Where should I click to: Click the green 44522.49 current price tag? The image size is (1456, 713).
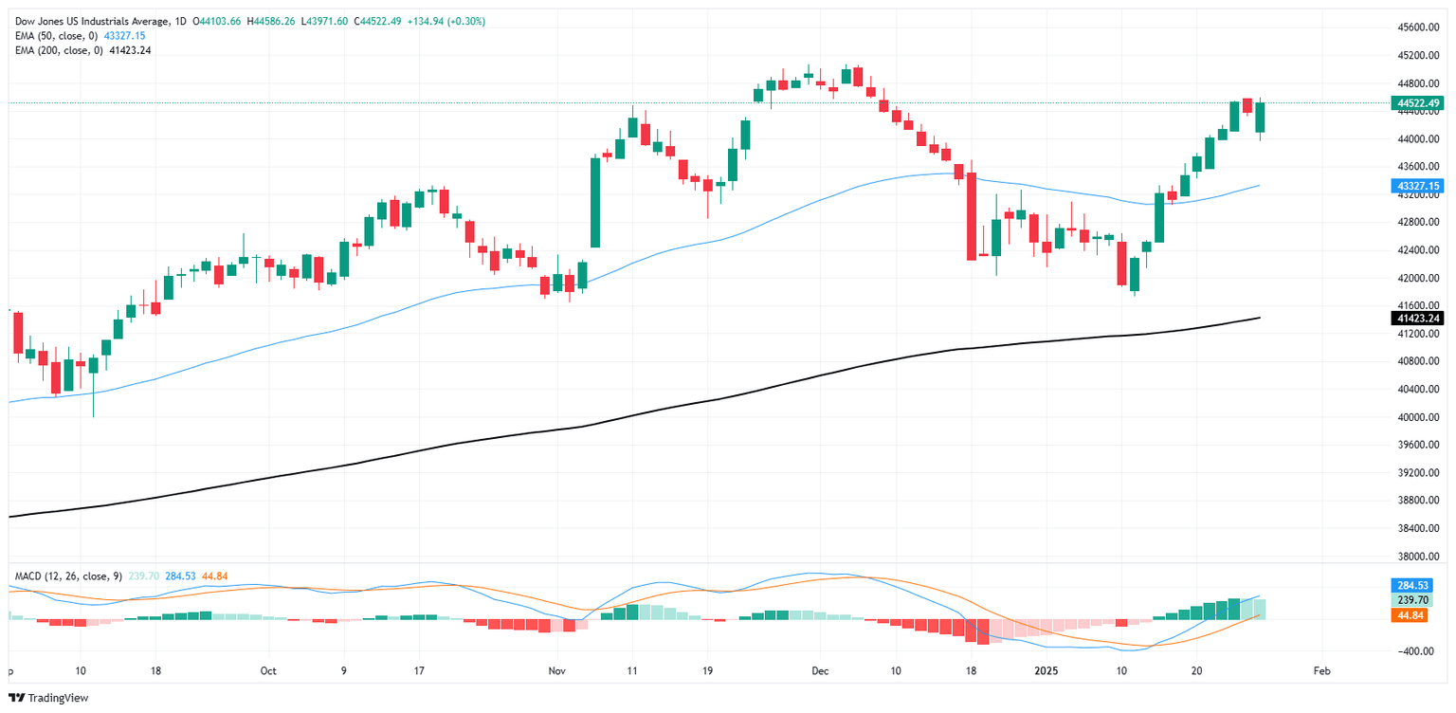click(1418, 102)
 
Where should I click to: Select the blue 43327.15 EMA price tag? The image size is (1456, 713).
click(1418, 186)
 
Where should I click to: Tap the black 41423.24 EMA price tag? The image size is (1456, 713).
click(1418, 319)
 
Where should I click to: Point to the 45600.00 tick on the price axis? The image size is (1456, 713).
click(1418, 28)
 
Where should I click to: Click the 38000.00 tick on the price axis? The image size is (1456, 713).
click(1418, 557)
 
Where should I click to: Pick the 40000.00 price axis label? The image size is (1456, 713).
click(1418, 417)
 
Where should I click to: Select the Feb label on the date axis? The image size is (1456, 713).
click(1322, 670)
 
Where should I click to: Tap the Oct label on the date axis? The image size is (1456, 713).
click(268, 670)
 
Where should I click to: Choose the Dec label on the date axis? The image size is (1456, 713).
click(820, 670)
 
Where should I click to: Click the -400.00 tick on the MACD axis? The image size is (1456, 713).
click(1418, 651)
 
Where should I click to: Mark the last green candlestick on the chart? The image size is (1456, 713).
click(1260, 117)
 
